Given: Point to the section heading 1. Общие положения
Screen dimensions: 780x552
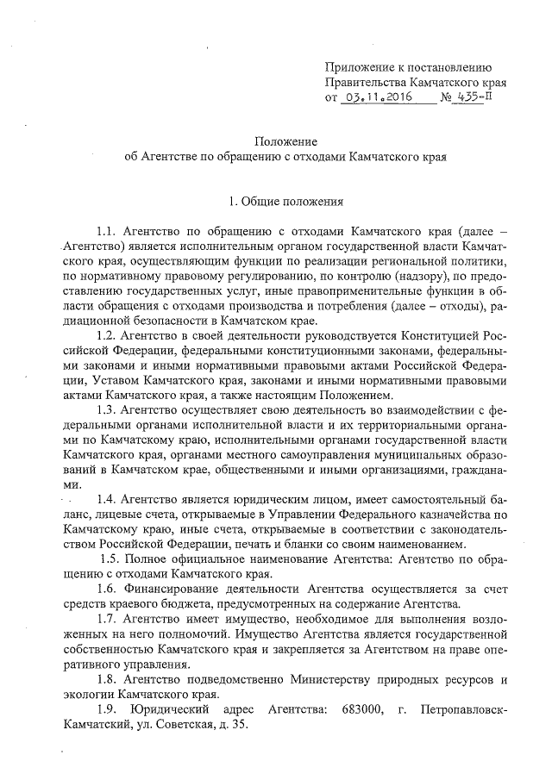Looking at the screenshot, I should point(285,203).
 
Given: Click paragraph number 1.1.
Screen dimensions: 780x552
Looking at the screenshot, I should point(107,234).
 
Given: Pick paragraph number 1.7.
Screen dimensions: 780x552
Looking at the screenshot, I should point(108,621).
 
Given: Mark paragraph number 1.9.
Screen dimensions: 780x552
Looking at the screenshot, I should point(108,708).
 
